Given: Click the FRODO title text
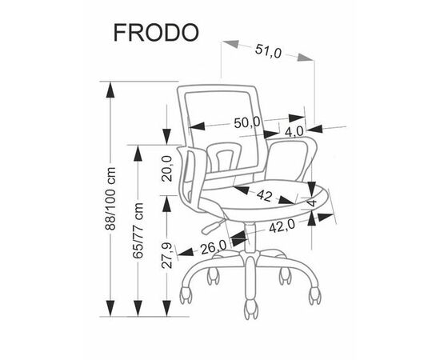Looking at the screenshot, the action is tap(156, 33).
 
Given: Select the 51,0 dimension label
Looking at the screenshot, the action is tap(268, 51).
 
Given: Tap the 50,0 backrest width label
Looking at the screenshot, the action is tap(247, 122).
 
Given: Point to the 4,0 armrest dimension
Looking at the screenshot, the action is tap(294, 131).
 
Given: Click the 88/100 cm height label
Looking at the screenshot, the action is tap(110, 198).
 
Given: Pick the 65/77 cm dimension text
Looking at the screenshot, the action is tap(138, 230).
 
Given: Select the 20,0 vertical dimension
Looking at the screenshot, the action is tap(166, 168).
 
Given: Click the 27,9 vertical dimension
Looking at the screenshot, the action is tap(166, 255).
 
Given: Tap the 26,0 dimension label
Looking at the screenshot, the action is tap(214, 247).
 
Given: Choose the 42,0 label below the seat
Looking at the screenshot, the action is tap(282, 226).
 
